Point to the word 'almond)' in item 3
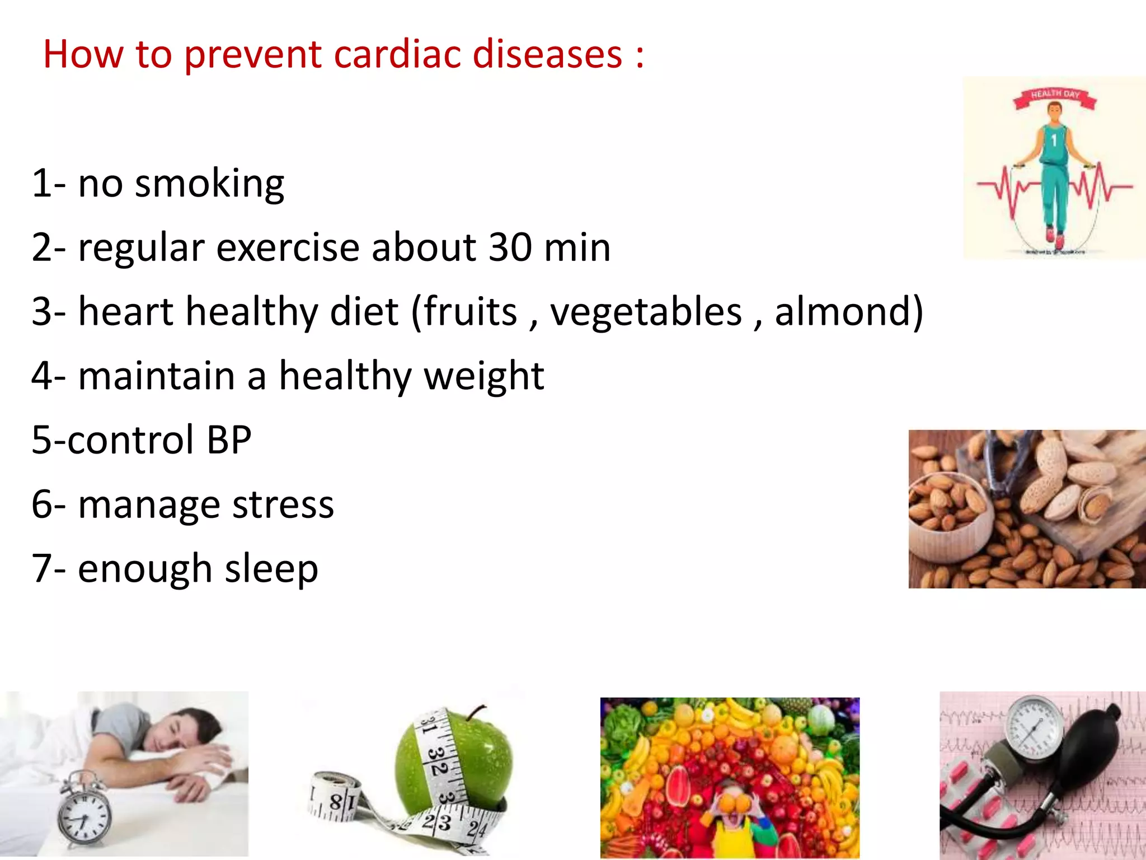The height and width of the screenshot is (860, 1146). [x=848, y=312]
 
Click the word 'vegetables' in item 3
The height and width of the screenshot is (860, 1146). [x=646, y=312]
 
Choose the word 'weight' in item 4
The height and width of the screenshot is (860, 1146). [x=484, y=376]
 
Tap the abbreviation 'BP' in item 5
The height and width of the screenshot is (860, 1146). [x=229, y=440]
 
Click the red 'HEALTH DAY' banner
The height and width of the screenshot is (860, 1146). [x=1055, y=95]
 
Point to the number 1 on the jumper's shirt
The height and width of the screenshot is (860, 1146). [x=1054, y=140]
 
